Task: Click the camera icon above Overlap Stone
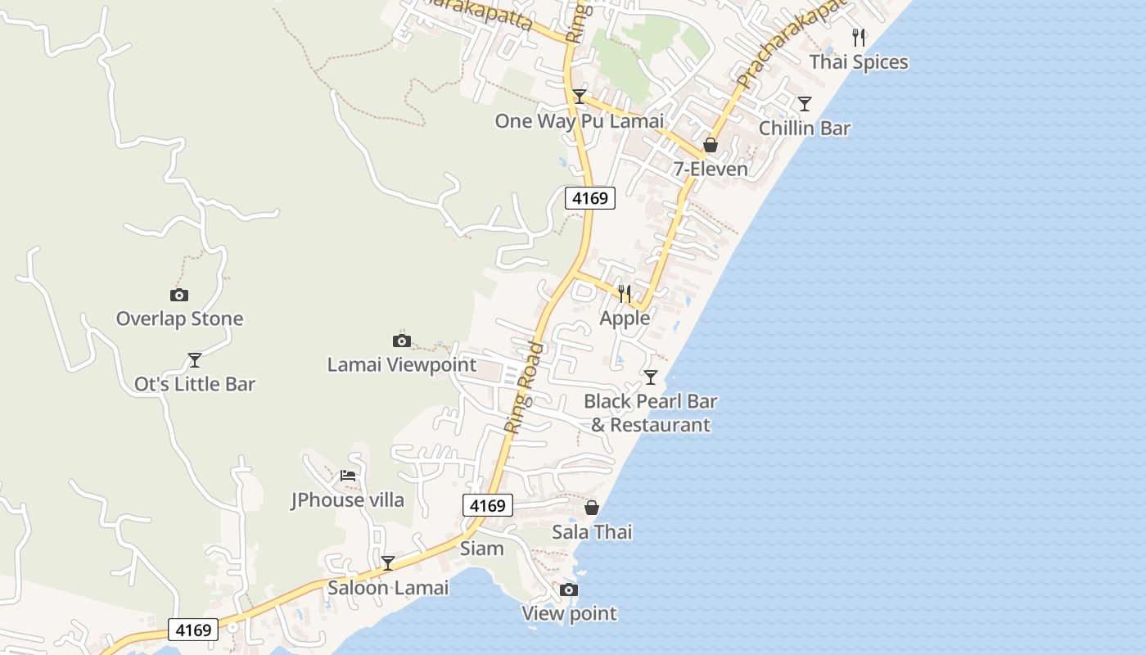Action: pos(178,295)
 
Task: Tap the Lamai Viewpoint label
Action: pos(401,364)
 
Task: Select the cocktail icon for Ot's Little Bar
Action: pos(194,359)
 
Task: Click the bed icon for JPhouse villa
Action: pos(348,475)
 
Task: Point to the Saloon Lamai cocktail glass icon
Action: pos(388,562)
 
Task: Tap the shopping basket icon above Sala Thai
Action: pos(591,508)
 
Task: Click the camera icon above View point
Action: pos(568,589)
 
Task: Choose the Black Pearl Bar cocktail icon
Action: pos(650,377)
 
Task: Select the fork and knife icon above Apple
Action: pos(625,293)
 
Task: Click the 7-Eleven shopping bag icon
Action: pos(711,145)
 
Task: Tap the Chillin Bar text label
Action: pos(804,129)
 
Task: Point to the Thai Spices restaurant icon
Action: pos(858,38)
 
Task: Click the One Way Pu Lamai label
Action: pos(579,121)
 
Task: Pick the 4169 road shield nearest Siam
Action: pos(487,505)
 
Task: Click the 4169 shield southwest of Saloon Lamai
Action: pos(193,630)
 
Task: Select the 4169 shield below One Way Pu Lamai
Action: pos(589,197)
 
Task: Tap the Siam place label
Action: pos(481,549)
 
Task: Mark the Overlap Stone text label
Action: pos(179,318)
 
